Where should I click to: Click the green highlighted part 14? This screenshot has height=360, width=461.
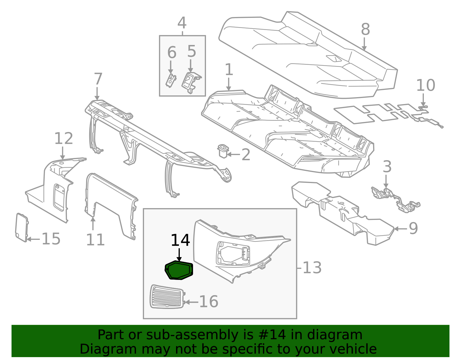point(179,270)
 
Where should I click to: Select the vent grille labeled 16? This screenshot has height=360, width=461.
point(167,297)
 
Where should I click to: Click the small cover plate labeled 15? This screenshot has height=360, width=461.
point(22,227)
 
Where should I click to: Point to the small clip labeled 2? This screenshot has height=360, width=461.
point(223,151)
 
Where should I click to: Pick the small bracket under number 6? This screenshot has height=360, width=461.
point(171,80)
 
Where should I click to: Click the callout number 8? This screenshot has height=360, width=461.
point(365,29)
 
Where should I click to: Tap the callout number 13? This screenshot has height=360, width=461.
point(312,268)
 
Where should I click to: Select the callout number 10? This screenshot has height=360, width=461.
point(426,85)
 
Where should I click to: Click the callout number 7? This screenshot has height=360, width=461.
point(98,79)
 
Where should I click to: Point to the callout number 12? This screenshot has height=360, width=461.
point(64,138)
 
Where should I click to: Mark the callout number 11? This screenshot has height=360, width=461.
point(95,240)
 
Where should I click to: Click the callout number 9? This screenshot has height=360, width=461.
point(413,229)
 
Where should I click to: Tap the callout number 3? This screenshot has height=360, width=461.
point(387,167)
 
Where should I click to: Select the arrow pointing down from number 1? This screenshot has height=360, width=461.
point(228,84)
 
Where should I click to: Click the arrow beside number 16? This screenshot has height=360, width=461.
point(191,302)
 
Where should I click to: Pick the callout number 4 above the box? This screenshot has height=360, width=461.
point(182,23)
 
